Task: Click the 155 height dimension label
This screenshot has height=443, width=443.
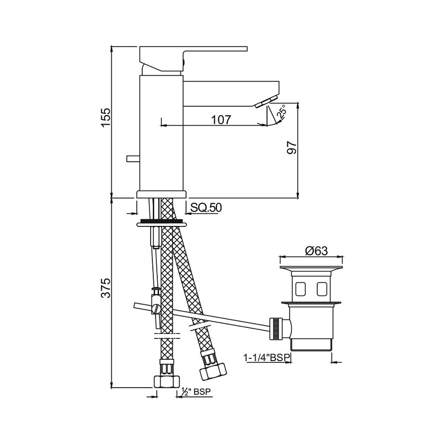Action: (106, 117)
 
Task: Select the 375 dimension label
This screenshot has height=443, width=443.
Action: (106, 288)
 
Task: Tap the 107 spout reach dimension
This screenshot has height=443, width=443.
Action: (221, 120)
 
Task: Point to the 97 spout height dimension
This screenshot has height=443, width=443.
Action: (292, 147)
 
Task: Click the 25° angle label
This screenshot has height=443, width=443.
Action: (281, 111)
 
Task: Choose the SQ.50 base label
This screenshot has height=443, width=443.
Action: (206, 208)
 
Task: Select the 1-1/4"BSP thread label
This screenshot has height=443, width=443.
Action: (267, 358)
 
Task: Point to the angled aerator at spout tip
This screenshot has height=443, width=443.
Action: (266, 102)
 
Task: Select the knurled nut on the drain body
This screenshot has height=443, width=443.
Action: (277, 328)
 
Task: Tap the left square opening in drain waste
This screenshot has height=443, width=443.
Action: (300, 289)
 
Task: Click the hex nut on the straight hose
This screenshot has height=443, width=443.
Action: (167, 382)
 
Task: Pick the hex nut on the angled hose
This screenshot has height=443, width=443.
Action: (213, 371)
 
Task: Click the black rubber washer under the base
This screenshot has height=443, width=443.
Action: (162, 220)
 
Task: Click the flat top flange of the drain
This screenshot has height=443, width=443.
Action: (311, 267)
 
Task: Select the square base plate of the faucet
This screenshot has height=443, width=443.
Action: (162, 194)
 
